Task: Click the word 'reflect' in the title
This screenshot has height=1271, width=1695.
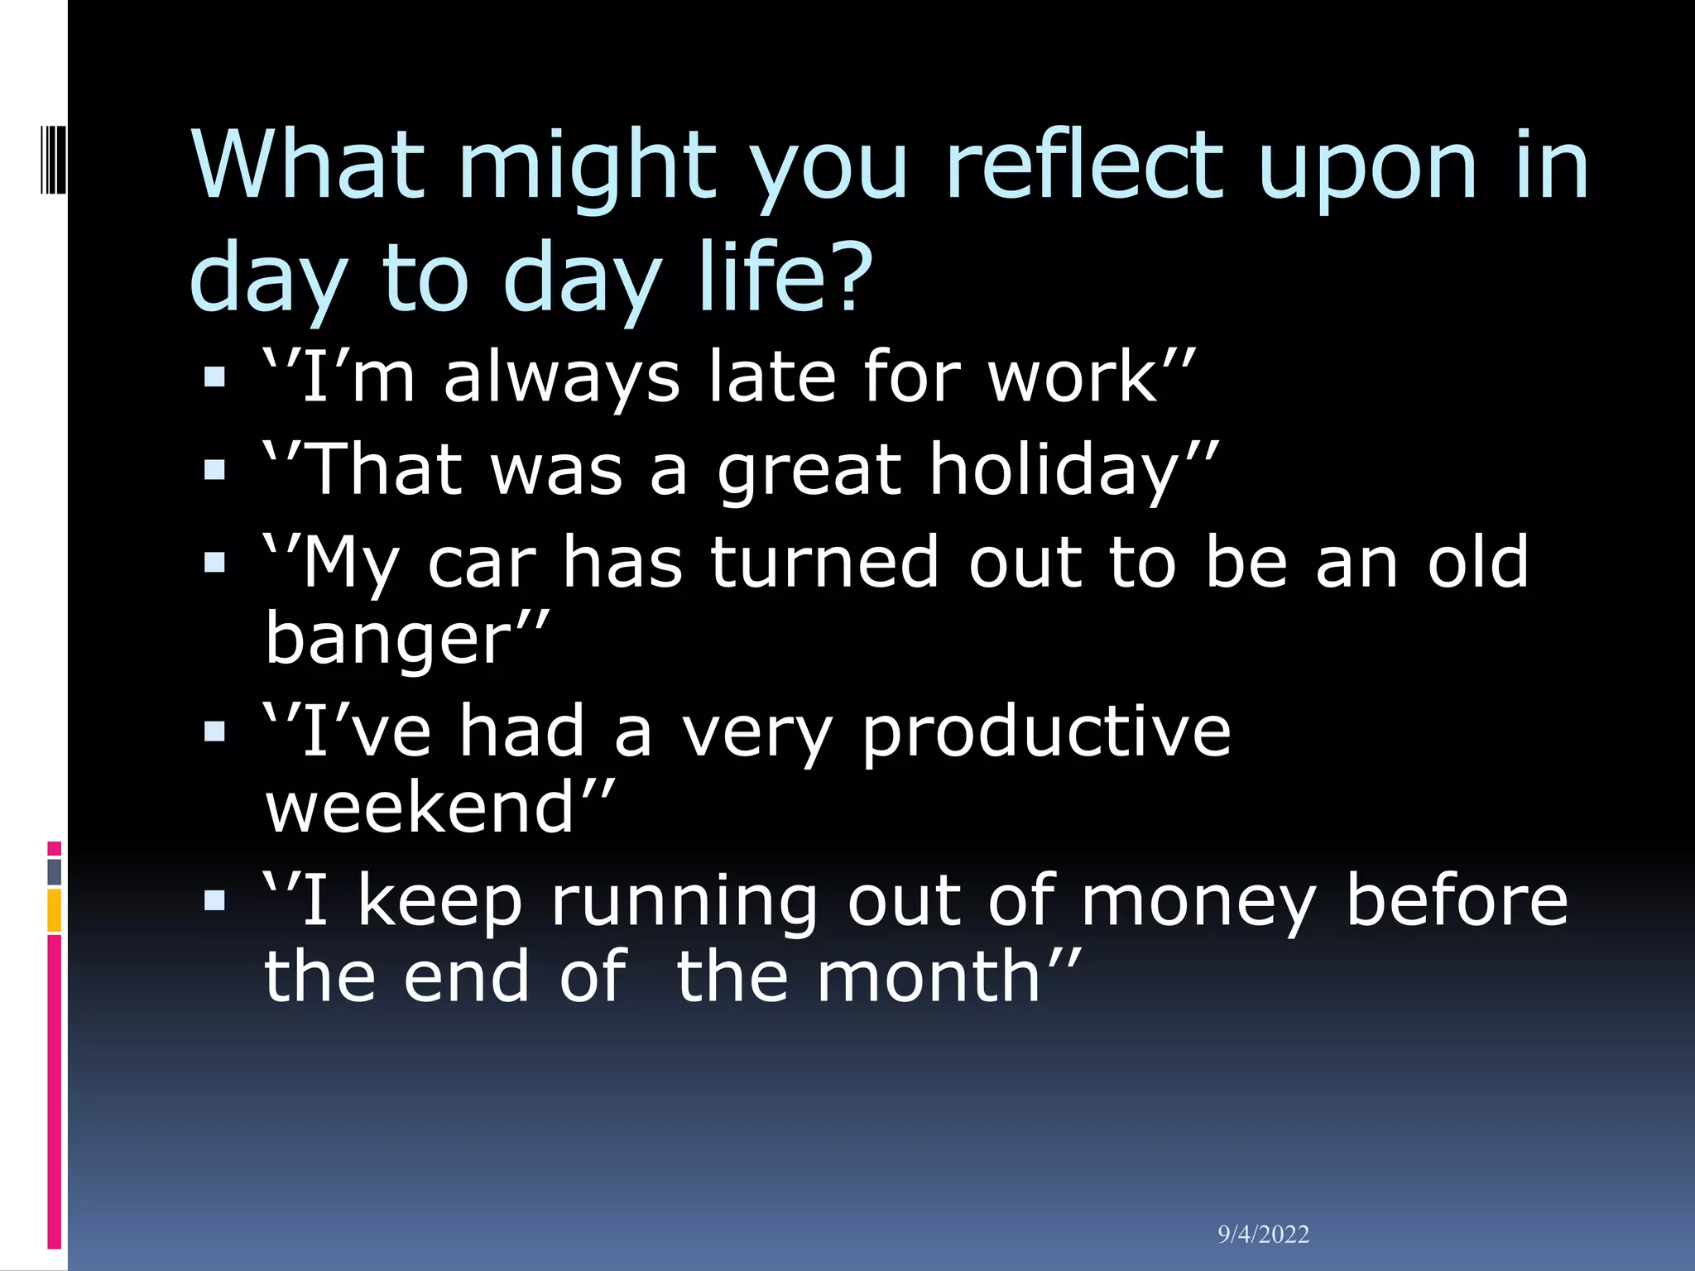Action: pos(1083,165)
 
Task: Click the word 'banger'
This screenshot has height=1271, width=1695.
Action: pos(390,639)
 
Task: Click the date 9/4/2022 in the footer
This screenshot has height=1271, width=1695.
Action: pos(1263,1235)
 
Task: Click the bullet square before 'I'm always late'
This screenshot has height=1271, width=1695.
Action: pos(214,378)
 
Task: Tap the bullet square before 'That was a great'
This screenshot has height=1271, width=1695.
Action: pos(214,471)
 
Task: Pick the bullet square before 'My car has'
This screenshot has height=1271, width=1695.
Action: pos(214,564)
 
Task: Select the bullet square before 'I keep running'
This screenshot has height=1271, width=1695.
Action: pos(214,900)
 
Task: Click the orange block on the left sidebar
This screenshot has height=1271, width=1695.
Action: pos(55,910)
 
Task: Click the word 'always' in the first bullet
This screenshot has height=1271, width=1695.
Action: pos(562,377)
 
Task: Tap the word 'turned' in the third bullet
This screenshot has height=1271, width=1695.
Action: pos(824,563)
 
